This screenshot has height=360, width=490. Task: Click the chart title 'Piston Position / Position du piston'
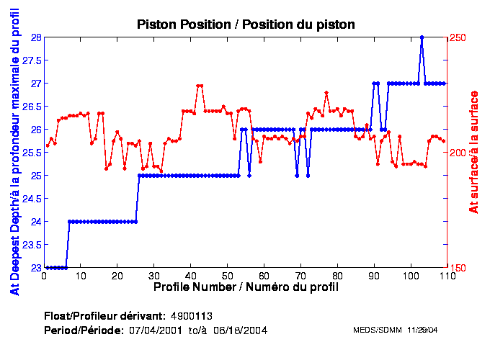tap(246, 24)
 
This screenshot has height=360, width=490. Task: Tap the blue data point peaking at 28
tap(422, 37)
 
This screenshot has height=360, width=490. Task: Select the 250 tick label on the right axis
tap(459, 37)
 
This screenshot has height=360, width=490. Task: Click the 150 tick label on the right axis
tap(459, 268)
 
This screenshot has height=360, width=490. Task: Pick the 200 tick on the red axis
tap(459, 153)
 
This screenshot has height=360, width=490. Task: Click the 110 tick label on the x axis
tap(447, 276)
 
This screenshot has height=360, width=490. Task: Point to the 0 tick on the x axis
tap(45, 276)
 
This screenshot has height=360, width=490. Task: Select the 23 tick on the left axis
tap(35, 268)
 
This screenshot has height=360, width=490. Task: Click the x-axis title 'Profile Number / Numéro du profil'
tap(246, 287)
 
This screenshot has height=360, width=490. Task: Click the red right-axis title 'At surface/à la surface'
tap(474, 151)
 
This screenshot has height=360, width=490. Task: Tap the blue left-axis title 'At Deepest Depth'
tap(14, 153)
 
